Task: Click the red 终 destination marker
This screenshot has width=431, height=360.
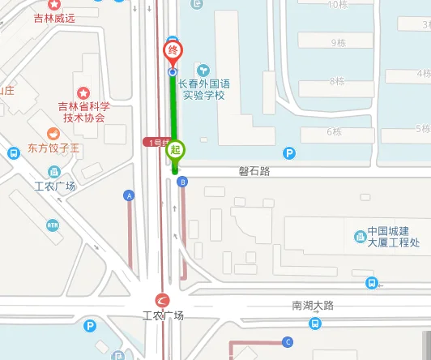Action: tap(172, 51)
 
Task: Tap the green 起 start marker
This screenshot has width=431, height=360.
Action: tap(176, 150)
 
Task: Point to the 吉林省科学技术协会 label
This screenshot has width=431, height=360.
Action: tap(82, 111)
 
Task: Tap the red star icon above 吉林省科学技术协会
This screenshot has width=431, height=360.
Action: tap(82, 93)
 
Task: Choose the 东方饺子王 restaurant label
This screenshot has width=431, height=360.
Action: tap(53, 148)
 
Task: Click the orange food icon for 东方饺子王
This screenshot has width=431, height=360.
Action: tap(53, 134)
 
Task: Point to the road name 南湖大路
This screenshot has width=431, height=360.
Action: tap(313, 306)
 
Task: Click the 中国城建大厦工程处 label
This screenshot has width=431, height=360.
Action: tap(393, 237)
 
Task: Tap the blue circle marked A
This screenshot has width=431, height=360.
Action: tap(128, 195)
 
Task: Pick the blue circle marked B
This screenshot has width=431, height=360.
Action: tap(183, 182)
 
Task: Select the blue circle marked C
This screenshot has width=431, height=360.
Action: tap(287, 341)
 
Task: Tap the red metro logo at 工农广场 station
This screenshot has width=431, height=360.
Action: tap(162, 301)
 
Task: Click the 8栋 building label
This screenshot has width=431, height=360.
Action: tap(337, 81)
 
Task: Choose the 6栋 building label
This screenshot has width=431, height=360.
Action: tap(333, 131)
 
